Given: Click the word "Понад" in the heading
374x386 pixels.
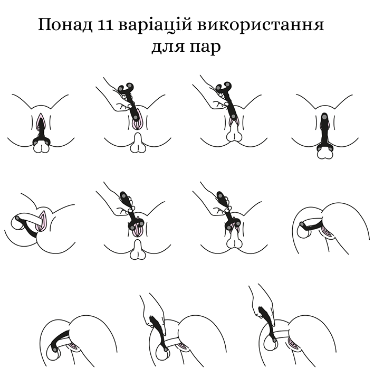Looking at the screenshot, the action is [x=65, y=25].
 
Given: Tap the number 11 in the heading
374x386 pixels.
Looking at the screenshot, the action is [x=106, y=25].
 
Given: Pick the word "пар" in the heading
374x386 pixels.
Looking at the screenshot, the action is [x=205, y=48].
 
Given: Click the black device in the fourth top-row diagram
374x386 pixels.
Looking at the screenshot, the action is [x=325, y=133].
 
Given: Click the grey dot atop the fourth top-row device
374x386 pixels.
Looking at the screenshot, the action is [x=325, y=116].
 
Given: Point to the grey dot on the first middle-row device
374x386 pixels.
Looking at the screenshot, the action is [x=17, y=218].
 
